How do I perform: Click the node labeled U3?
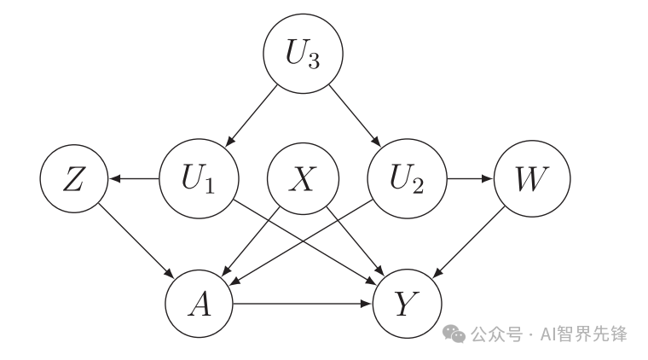[303, 56]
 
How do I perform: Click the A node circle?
[200, 304]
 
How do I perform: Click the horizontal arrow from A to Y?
[303, 304]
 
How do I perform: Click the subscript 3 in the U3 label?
[314, 64]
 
